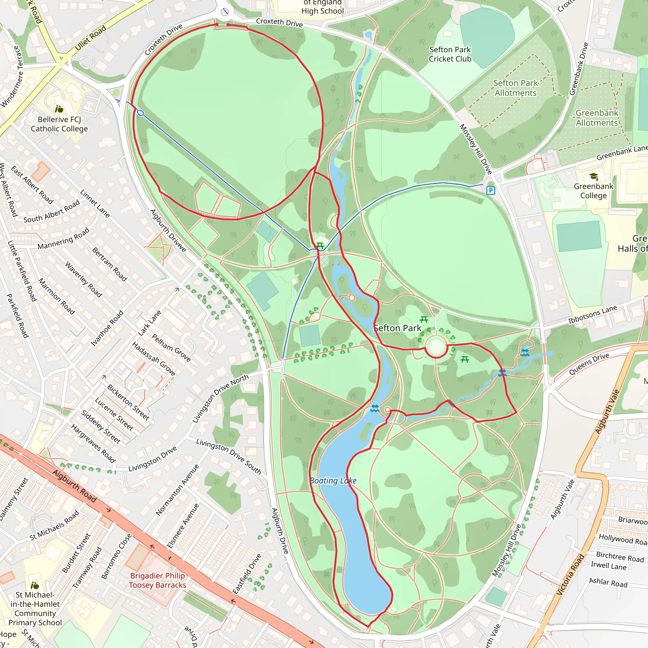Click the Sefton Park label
tap(397, 328)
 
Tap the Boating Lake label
tap(333, 481)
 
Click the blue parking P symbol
tap(491, 190)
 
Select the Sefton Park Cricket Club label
tap(450, 54)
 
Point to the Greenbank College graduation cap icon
tap(594, 177)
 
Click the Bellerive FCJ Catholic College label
tap(59, 124)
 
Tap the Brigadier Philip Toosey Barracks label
tap(158, 580)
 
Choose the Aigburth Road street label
tap(74, 486)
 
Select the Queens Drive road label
tap(589, 364)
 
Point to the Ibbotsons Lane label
tap(592, 314)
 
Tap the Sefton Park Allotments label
tap(515, 88)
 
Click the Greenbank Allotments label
tap(597, 118)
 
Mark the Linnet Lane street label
tap(95, 203)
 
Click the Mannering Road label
tap(63, 239)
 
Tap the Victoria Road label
tap(570, 575)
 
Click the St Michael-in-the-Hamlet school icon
tap(35, 586)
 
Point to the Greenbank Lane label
tap(622, 152)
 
